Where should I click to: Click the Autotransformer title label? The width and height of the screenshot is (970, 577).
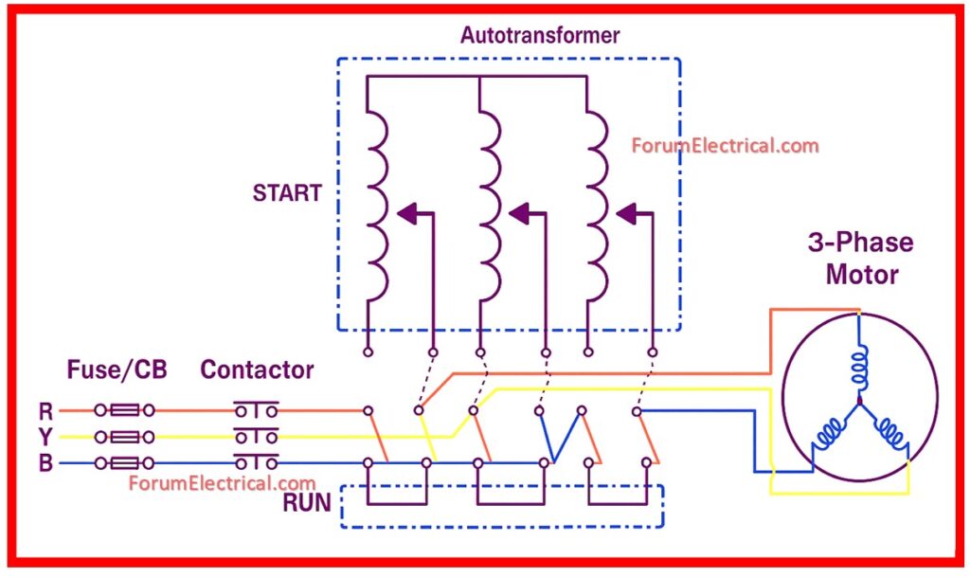click(x=540, y=36)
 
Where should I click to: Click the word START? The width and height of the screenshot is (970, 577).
click(x=286, y=193)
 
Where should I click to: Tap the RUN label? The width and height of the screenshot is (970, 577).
click(x=306, y=503)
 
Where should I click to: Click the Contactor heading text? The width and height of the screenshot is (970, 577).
click(x=257, y=370)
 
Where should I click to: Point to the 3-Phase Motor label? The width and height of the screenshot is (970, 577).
click(x=861, y=259)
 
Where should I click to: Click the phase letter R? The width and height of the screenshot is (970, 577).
click(x=45, y=411)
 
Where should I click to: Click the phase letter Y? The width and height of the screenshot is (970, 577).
click(x=45, y=437)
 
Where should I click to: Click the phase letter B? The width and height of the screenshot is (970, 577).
click(x=45, y=463)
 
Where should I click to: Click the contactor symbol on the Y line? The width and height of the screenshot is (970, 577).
click(x=256, y=437)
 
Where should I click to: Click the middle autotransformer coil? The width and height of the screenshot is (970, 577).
click(x=487, y=204)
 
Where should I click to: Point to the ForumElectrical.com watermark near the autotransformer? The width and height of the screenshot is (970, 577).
click(x=725, y=146)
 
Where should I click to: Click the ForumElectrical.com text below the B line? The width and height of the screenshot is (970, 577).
click(x=222, y=484)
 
